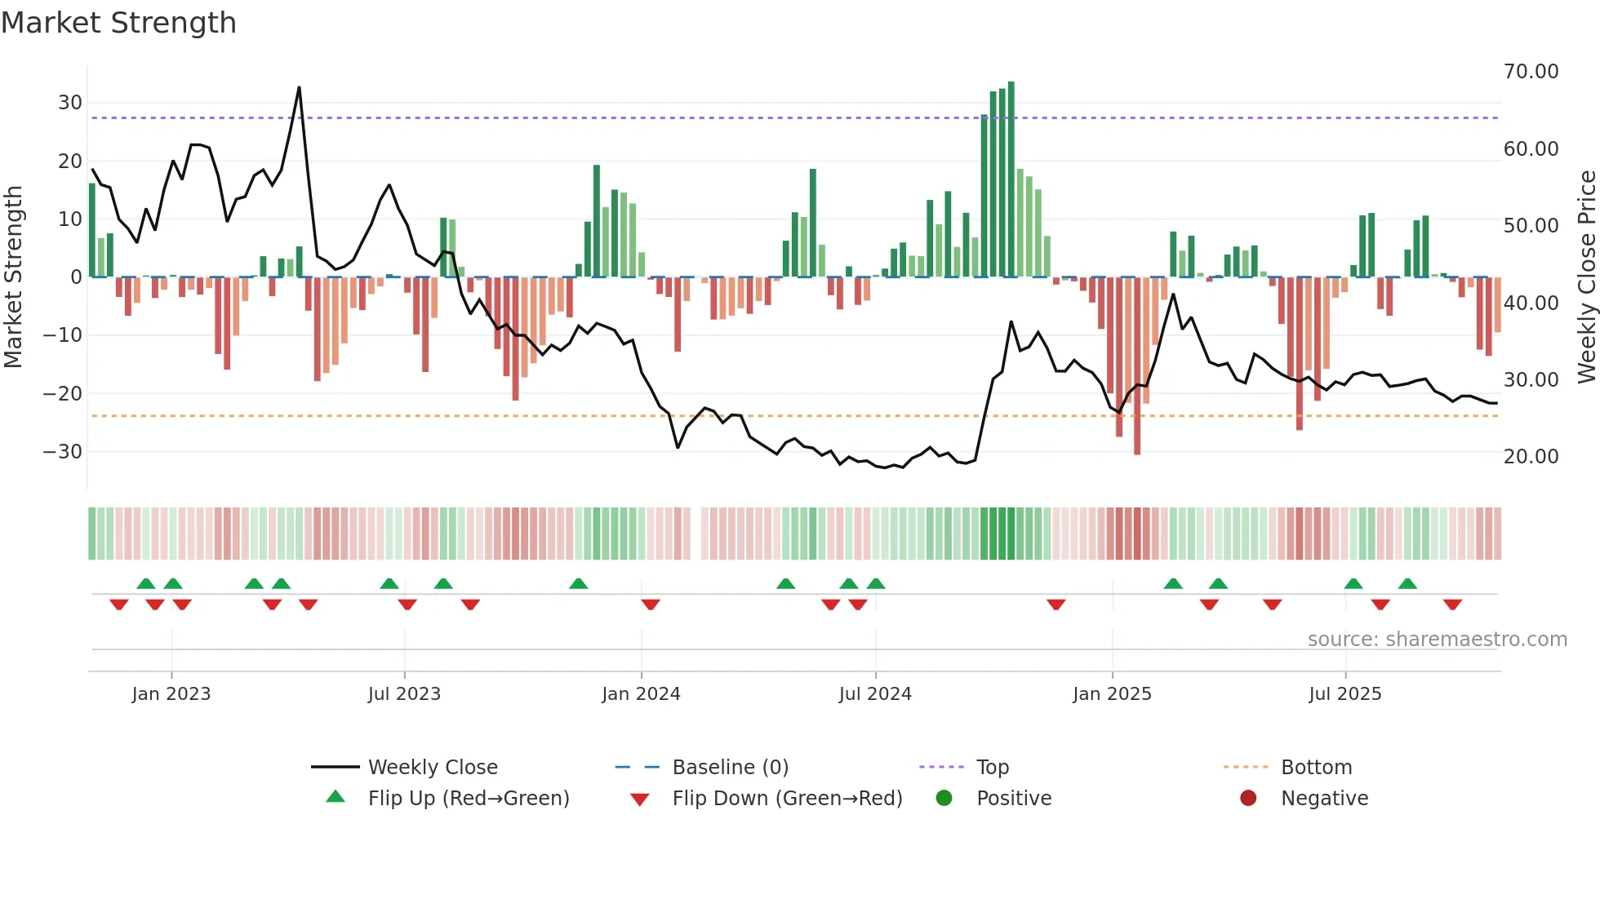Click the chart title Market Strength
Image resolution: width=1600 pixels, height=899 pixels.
coord(118,23)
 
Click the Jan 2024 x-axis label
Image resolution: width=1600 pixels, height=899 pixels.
coord(641,694)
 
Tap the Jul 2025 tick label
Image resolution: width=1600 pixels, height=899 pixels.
coord(1344,694)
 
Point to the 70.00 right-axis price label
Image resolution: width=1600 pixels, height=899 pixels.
coord(1531,72)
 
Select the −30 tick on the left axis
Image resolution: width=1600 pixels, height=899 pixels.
coord(63,452)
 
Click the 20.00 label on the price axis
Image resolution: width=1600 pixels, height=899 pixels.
coord(1531,457)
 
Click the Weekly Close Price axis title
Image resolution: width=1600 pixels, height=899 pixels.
coord(1586,277)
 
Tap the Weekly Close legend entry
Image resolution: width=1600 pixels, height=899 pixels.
coord(432,768)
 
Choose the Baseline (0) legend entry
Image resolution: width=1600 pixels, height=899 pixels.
coord(730,768)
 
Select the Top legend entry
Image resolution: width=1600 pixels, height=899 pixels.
coord(992,768)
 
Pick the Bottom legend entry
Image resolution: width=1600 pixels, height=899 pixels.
coord(1316,768)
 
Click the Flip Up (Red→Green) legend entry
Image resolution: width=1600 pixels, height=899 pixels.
coord(468,799)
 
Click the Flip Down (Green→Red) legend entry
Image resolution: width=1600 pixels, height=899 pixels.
coord(787,799)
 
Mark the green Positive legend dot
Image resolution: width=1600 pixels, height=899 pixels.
coord(944,799)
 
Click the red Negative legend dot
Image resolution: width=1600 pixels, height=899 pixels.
coord(1248,799)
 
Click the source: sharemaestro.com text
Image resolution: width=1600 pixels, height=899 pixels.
coord(1437,640)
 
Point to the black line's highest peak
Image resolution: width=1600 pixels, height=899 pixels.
coord(299,88)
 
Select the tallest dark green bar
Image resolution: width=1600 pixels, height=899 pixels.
coord(1011,179)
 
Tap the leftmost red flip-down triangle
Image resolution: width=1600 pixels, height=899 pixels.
coord(119,604)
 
